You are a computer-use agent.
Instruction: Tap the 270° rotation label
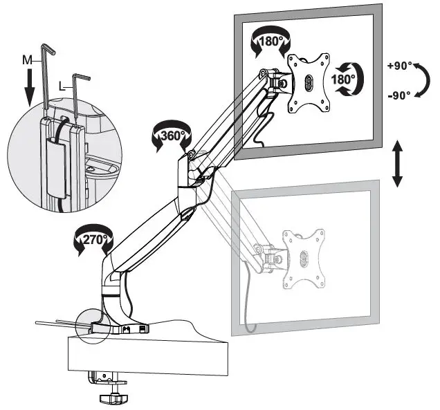91,241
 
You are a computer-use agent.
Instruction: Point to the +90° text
401,66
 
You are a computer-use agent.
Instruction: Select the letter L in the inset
62,86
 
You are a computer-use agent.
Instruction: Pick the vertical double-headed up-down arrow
397,162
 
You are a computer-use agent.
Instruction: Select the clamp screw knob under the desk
111,397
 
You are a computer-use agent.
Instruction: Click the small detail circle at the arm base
92,325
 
